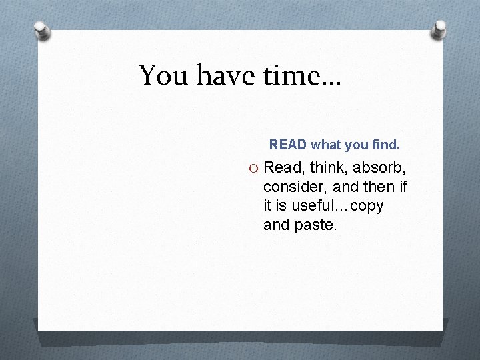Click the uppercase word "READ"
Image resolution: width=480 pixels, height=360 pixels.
click(x=288, y=144)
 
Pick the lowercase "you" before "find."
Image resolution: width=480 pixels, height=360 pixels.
click(x=357, y=144)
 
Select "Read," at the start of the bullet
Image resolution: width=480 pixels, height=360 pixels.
click(x=283, y=167)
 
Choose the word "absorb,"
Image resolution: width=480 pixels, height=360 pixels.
click(x=379, y=167)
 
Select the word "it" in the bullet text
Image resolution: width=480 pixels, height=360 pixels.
click(x=268, y=206)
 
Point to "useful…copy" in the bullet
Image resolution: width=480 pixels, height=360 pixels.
click(x=339, y=206)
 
